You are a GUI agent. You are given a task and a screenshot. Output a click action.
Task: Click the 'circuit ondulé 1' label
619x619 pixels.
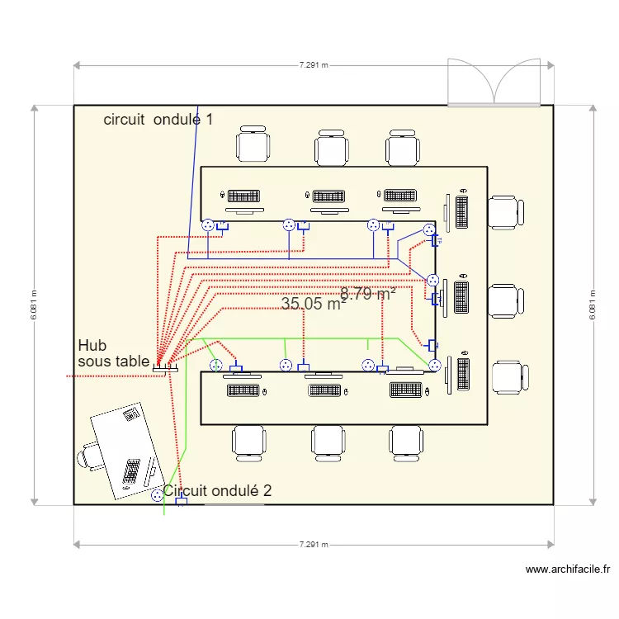[158, 120]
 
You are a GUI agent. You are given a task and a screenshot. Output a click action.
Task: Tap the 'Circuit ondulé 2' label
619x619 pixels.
[218, 490]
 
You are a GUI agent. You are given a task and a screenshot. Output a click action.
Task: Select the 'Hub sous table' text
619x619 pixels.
[113, 353]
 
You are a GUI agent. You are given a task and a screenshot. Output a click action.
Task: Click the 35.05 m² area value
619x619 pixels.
[314, 305]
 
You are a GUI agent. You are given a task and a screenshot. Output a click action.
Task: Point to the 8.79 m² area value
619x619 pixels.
[368, 293]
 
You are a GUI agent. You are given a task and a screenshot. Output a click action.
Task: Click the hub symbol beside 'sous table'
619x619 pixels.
[160, 369]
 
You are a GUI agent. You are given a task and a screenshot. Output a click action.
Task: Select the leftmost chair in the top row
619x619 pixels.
[253, 145]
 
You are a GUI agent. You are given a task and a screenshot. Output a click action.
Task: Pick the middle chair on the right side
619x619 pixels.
[505, 300]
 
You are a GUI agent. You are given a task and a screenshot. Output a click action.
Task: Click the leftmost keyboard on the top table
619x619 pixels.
[243, 196]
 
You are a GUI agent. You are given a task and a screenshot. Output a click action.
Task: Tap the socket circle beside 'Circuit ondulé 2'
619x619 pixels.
[157, 496]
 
